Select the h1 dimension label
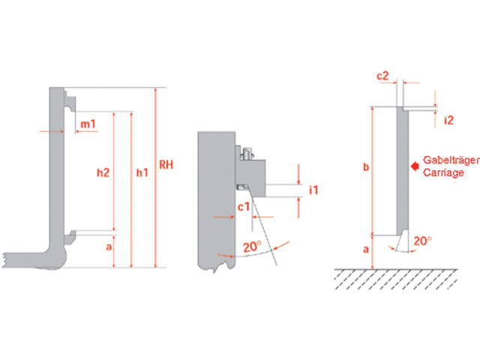[x=141, y=172]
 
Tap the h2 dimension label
[x=103, y=172]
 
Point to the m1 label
[x=88, y=124]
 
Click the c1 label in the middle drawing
[x=244, y=206]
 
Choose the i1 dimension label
[x=314, y=190]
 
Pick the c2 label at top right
[x=382, y=76]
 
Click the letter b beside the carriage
[x=365, y=168]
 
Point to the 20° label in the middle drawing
[x=250, y=247]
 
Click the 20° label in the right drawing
[x=423, y=241]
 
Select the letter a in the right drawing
[x=365, y=250]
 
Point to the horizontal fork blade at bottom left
[x=30, y=257]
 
